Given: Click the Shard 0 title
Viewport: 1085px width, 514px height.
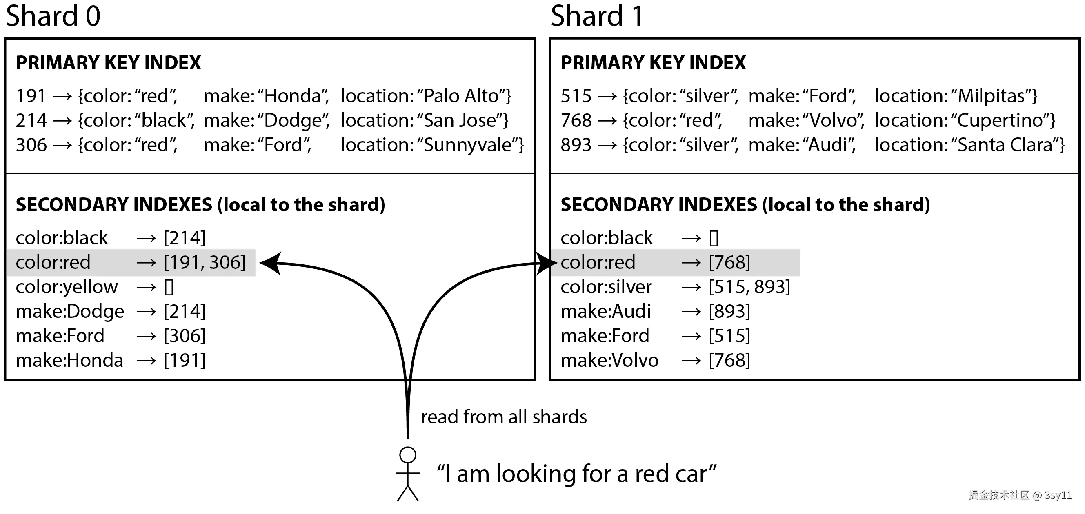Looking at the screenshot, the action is pos(53,16).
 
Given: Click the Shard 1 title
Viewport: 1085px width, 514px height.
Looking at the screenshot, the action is pos(597,16).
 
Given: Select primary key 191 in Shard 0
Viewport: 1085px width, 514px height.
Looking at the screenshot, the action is pos(31,96).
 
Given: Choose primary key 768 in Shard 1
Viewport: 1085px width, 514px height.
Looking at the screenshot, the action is pos(576,120).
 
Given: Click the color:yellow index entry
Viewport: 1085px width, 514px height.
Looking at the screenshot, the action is pos(67,287).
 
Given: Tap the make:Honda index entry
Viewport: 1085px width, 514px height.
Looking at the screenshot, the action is pos(69,360).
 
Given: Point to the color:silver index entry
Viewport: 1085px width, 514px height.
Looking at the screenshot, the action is pos(606,287).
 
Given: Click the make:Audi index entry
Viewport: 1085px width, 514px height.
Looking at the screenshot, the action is pos(606,312).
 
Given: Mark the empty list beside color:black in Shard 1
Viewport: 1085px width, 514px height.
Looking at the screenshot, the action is pos(714,238).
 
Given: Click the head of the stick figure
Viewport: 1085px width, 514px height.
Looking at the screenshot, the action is pos(408,455).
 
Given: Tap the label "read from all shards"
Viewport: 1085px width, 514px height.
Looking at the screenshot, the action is pos(504,417).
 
